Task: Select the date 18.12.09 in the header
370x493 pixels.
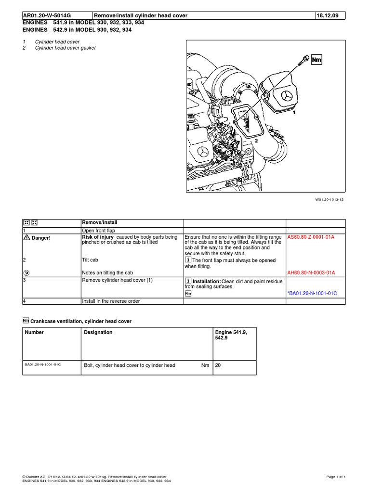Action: pyautogui.click(x=328, y=15)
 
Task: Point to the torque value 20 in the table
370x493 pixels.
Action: pyautogui.click(x=218, y=365)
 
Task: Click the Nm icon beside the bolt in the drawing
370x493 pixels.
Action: pyautogui.click(x=317, y=60)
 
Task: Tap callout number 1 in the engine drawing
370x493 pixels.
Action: pyautogui.click(x=294, y=111)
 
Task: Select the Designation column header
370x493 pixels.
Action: pyautogui.click(x=98, y=332)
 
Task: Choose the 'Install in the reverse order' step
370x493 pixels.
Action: pyautogui.click(x=111, y=301)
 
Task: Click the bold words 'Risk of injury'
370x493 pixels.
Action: pyautogui.click(x=98, y=237)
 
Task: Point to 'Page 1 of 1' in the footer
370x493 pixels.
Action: pyautogui.click(x=336, y=477)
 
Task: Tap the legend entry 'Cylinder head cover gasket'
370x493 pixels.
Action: pyautogui.click(x=65, y=48)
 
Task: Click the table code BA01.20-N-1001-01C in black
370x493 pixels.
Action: pyautogui.click(x=43, y=364)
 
